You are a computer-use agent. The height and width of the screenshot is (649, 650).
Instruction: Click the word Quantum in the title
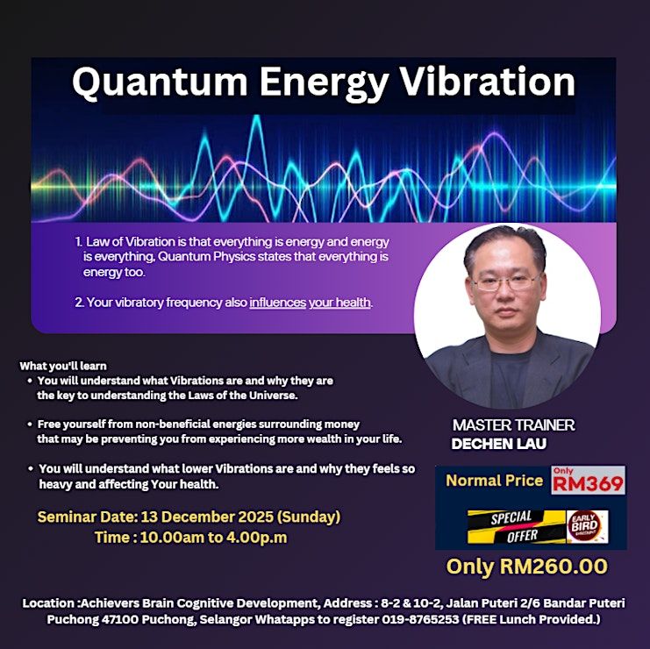pyautogui.click(x=160, y=83)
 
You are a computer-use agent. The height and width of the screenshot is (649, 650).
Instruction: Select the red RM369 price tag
pyautogui.click(x=588, y=480)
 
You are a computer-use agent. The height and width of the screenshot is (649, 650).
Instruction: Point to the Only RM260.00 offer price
pyautogui.click(x=527, y=567)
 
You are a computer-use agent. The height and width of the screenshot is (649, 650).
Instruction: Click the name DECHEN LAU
pyautogui.click(x=499, y=444)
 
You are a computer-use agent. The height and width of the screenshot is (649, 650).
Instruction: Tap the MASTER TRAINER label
pyautogui.click(x=513, y=424)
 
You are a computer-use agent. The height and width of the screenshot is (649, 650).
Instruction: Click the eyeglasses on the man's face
pyautogui.click(x=505, y=282)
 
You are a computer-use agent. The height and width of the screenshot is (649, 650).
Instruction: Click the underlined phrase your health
pyautogui.click(x=339, y=303)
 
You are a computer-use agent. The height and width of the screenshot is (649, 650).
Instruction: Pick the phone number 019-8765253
pyautogui.click(x=420, y=619)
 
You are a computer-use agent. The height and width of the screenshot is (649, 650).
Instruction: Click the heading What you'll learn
pyautogui.click(x=63, y=366)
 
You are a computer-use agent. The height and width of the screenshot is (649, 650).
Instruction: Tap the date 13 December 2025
pyautogui.click(x=207, y=517)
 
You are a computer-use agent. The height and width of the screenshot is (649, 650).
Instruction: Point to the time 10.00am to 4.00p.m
pyautogui.click(x=213, y=538)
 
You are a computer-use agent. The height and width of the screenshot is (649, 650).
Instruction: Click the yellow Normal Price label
pyautogui.click(x=494, y=481)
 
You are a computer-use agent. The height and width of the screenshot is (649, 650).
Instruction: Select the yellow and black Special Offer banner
pyautogui.click(x=517, y=526)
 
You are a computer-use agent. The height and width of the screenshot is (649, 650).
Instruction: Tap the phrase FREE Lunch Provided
pyautogui.click(x=531, y=619)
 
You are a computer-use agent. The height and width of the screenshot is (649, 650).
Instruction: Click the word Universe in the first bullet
pyautogui.click(x=273, y=396)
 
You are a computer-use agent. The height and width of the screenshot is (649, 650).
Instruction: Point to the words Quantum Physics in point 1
pyautogui.click(x=206, y=257)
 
